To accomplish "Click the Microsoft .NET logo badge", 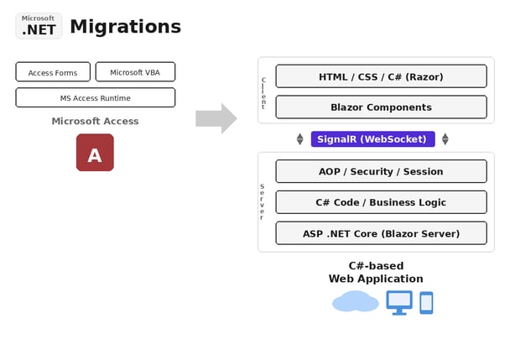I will tap(39, 26).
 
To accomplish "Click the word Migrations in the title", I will tap(125, 27).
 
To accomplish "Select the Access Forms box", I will tap(53, 72).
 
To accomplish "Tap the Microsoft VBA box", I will tap(135, 72).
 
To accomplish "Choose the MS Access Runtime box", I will tap(95, 98).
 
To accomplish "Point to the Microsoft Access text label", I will tap(95, 121).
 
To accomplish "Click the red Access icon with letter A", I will tap(95, 153).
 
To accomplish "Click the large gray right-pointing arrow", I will tap(216, 118).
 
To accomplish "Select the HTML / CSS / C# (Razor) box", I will tap(381, 76).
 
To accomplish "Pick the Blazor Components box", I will tap(381, 107).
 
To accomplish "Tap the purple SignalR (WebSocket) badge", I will tap(372, 139).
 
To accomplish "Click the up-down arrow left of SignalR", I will tap(299, 139).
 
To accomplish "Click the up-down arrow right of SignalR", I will tap(445, 139).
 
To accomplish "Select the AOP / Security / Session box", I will tap(381, 171).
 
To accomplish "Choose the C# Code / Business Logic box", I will tap(381, 202).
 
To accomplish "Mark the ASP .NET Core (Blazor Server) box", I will tap(381, 233).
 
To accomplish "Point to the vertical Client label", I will tap(263, 93).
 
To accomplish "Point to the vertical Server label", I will tap(262, 201).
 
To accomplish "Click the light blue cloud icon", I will tap(355, 301).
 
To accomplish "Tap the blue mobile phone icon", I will tap(426, 303).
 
